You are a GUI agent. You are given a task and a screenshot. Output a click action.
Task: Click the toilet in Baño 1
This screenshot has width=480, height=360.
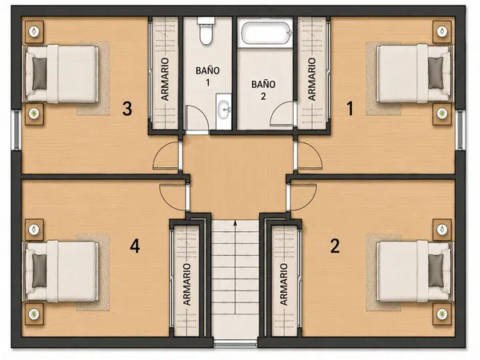pos(206,30)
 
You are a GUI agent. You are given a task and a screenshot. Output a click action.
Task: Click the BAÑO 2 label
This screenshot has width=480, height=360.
pos(263,90)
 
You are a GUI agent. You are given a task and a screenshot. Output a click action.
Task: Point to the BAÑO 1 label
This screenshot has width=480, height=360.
pos(207,76)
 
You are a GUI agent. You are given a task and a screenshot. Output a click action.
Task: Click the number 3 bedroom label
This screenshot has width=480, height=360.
pos(127,109)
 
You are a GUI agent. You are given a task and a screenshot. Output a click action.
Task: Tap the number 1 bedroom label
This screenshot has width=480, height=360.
pos(350,109)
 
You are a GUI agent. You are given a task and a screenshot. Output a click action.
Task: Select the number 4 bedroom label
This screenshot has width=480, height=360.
pos(135,246)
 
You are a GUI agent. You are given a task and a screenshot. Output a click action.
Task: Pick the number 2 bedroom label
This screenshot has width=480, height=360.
pos(335,246)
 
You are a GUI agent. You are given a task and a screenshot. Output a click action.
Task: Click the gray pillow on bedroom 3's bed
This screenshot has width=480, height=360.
pos(39,74)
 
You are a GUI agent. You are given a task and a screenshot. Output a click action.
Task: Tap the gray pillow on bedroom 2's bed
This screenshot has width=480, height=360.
pos(436,270)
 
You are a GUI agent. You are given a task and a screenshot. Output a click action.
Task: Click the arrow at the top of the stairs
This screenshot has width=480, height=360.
pos(235,223)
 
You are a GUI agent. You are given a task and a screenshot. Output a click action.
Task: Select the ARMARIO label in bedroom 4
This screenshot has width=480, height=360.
pos(186,284)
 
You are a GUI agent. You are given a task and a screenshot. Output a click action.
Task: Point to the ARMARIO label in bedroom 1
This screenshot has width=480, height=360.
pos(311,79)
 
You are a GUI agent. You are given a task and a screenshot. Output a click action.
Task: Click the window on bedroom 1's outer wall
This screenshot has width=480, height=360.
pos(460,130)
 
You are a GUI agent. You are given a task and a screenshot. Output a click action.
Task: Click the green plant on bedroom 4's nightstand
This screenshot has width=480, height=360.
pos(34,314)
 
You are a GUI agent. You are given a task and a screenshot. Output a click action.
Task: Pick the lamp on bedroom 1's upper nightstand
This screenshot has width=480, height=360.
pos(442,31)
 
